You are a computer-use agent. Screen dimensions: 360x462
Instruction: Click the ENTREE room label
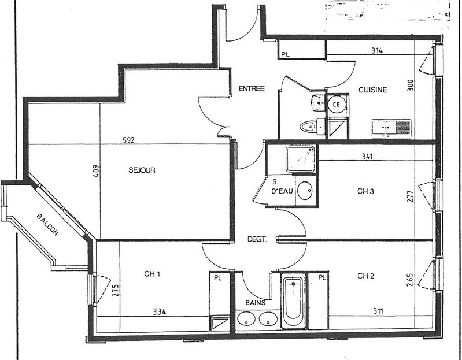(x=252, y=88)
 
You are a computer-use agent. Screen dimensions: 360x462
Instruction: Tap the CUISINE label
(x=372, y=90)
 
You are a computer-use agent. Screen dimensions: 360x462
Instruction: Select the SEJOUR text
(x=142, y=170)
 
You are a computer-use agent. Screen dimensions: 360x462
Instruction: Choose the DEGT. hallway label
(x=257, y=238)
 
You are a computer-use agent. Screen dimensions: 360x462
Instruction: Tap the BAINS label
(x=254, y=302)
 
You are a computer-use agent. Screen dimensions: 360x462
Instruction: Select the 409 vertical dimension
(x=96, y=171)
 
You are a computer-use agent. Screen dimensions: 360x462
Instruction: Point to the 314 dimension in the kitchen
(x=377, y=51)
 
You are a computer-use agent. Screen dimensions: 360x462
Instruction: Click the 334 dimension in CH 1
(x=160, y=312)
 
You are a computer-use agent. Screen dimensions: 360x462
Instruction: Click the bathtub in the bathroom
(x=293, y=301)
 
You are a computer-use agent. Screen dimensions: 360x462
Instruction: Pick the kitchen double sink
(x=391, y=127)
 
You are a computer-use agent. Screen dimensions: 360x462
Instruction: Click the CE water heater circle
(x=337, y=105)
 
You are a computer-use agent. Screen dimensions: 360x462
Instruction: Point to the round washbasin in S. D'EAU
(x=306, y=191)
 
